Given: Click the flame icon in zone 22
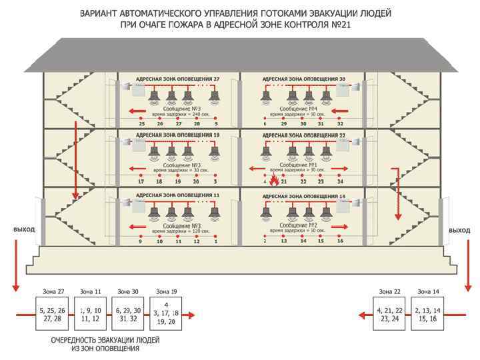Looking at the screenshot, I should (x=272, y=178).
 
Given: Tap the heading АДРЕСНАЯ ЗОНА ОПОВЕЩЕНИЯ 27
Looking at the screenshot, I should (x=177, y=79).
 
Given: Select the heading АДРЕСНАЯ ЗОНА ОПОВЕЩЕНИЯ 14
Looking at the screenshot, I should (x=305, y=197).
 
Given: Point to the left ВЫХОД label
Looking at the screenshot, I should (x=23, y=230).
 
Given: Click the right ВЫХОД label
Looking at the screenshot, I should (x=459, y=230).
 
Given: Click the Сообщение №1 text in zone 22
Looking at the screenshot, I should (x=298, y=164).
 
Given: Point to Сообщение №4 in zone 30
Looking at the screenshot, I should (x=298, y=108).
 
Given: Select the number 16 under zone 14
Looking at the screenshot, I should (x=340, y=241).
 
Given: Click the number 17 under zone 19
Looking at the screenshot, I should (x=141, y=181).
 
